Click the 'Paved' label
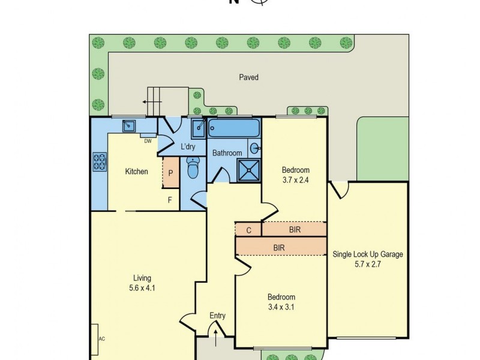tap(248, 77)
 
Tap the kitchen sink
tap(129, 125)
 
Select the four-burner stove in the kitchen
tap(99, 161)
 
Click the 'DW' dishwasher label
tap(147, 141)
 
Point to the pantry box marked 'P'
tap(170, 172)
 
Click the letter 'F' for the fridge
tap(170, 200)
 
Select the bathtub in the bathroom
tap(233, 128)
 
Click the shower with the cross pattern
tap(248, 169)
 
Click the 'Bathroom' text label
tap(227, 153)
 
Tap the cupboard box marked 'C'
tap(248, 229)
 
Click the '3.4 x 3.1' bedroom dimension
tap(281, 307)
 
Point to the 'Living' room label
tap(142, 278)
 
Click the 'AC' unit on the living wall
tap(96, 339)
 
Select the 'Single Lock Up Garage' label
tap(368, 254)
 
